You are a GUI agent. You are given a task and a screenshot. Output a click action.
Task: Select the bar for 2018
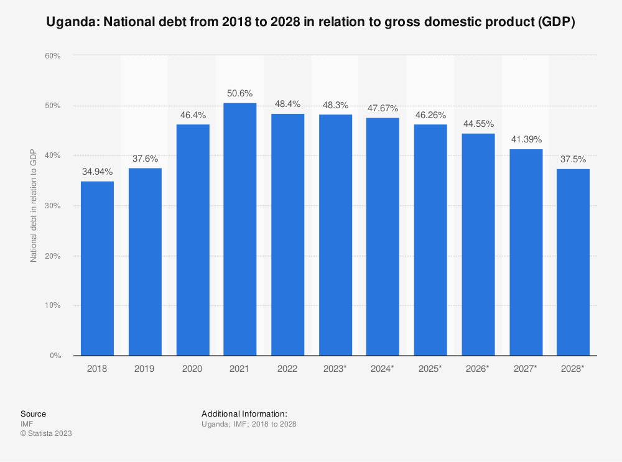97,268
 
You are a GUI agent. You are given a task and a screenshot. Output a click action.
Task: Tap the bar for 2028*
573,262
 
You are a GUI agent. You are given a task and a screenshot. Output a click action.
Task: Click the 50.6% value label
240,93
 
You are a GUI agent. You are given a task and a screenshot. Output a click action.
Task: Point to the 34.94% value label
97,172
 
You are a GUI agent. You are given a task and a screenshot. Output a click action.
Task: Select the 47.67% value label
383,108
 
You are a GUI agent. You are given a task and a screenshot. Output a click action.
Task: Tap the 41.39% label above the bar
526,139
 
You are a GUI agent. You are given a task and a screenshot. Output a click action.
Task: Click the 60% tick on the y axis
52,56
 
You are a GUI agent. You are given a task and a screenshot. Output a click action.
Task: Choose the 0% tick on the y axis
55,356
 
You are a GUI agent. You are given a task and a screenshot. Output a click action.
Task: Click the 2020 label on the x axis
192,369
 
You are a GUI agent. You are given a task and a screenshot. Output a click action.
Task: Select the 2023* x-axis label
335,369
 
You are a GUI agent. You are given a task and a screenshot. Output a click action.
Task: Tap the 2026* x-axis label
478,369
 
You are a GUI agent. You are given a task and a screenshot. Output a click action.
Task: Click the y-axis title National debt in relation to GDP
34,206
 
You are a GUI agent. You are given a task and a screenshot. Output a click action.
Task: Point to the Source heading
33,413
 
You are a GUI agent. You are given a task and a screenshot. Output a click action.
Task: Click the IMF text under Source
27,424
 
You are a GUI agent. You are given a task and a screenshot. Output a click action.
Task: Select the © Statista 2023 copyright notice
46,433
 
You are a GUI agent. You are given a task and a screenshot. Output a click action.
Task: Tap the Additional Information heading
244,413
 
